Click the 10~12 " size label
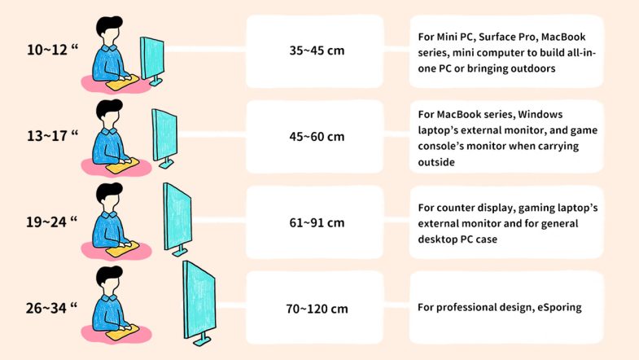tap(52, 50)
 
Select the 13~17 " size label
tap(52, 136)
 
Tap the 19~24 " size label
tap(52, 222)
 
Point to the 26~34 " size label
tap(52, 307)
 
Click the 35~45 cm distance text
tap(317, 50)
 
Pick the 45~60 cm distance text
tap(317, 136)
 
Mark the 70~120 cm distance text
tap(317, 309)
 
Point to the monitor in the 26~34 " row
tap(198, 300)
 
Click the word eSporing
tap(554, 307)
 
